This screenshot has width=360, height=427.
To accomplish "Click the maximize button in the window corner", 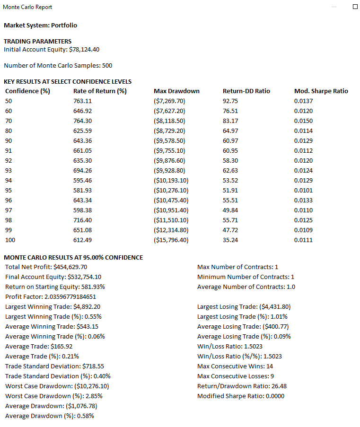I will (355, 7).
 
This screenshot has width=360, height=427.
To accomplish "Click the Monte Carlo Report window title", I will (27, 7).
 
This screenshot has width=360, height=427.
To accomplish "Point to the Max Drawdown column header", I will (176, 91).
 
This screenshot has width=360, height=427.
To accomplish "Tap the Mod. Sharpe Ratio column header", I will (321, 91).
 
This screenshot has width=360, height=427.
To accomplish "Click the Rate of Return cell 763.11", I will (83, 101).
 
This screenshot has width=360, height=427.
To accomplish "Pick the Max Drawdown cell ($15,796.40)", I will (171, 240).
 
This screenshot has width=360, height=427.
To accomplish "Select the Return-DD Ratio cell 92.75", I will (230, 101).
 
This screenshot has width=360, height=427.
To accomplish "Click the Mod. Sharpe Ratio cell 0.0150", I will (303, 121).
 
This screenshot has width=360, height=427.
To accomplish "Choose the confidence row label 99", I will (9, 230).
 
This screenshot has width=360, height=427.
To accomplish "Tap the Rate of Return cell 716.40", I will (83, 220).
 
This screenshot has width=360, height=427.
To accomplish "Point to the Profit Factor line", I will (51, 296).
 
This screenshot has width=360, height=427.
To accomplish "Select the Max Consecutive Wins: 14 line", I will (235, 366).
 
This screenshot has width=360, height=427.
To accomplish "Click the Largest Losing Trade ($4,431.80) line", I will (244, 306).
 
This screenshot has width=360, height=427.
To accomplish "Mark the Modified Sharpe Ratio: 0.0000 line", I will (241, 396).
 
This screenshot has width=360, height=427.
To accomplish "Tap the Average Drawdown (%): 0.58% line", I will (49, 416).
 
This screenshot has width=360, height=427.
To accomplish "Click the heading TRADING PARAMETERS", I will (37, 41).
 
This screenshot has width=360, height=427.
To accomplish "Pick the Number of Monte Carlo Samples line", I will (58, 65).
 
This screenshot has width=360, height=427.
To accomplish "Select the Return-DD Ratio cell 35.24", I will (230, 240).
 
